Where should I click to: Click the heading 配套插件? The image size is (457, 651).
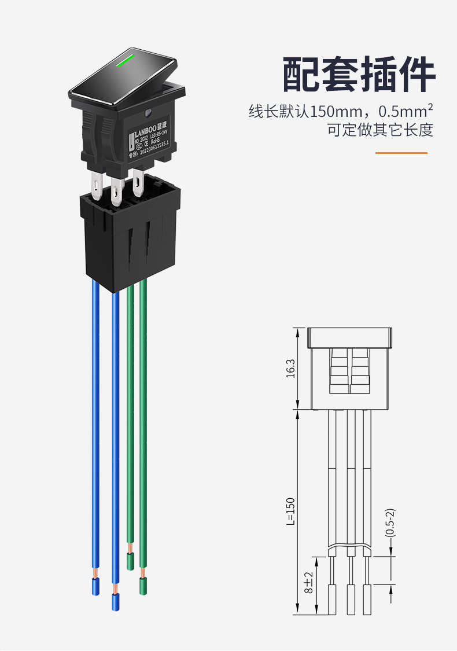(359, 75)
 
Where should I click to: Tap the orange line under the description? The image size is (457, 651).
(401, 153)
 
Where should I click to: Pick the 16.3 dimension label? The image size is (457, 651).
(290, 369)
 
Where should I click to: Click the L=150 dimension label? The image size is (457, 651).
(290, 512)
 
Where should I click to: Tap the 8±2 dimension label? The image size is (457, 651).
(308, 583)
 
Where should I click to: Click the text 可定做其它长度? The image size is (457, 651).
(380, 130)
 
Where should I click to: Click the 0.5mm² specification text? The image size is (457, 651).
(405, 110)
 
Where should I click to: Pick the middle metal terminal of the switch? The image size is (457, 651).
(116, 192)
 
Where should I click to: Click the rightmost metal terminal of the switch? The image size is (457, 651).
(138, 183)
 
